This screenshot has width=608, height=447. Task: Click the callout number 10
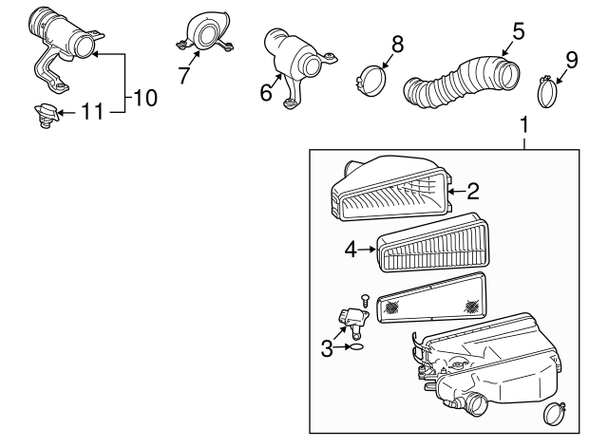coord(145,98)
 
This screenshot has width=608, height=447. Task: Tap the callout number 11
coord(92,112)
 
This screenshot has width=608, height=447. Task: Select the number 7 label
coord(184,75)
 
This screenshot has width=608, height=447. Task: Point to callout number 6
coord(266,93)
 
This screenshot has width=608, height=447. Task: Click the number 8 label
coord(397,45)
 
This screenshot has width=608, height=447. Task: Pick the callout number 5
coord(518,31)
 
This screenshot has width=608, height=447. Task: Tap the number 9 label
coord(572,60)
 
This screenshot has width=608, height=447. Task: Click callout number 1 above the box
coord(523,124)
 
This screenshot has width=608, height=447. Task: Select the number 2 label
coord(473,192)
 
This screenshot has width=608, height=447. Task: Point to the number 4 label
coord(351,250)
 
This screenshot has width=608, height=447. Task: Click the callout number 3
coord(327,348)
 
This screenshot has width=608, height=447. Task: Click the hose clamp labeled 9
coord(547,92)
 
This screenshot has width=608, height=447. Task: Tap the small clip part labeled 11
coord(46,116)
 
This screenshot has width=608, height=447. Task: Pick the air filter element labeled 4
coord(433,242)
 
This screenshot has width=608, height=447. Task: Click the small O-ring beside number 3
coord(357,347)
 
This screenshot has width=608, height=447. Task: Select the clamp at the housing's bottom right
coord(555,414)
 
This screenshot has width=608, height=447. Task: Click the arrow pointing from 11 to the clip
coord(66,113)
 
